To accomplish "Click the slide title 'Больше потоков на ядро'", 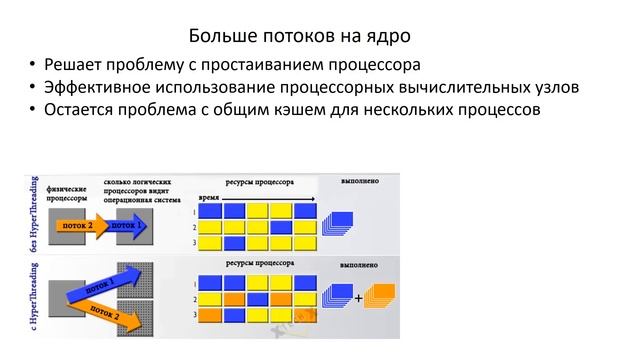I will click(x=301, y=37).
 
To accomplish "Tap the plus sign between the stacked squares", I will click(x=359, y=297).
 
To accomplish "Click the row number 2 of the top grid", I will click(x=193, y=227).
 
